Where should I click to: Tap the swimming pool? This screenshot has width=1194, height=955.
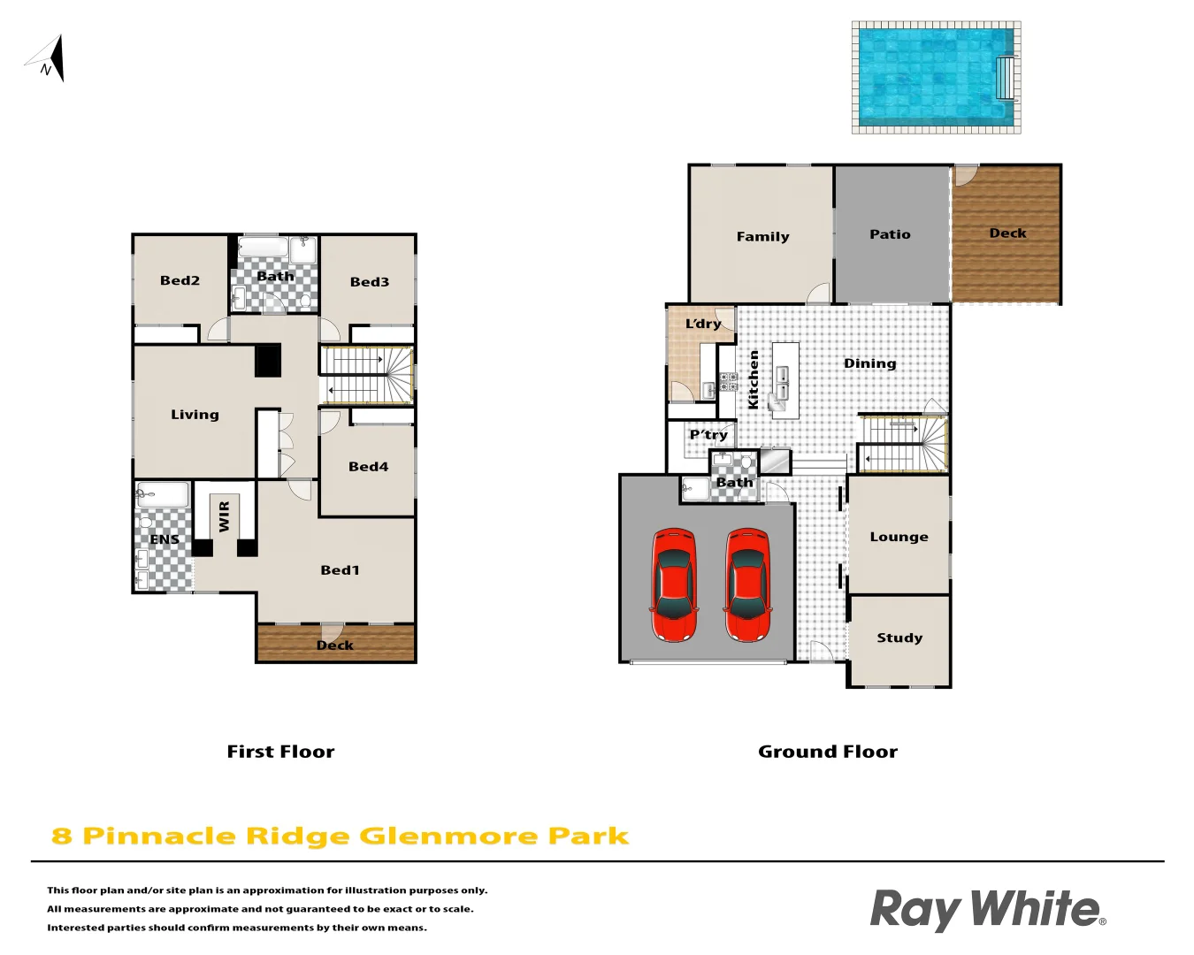(936, 78)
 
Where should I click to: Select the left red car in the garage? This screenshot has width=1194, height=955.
(673, 584)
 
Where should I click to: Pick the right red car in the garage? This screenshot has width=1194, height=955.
(747, 584)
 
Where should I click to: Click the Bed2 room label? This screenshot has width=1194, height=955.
(180, 280)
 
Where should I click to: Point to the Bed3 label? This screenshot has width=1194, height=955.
(370, 282)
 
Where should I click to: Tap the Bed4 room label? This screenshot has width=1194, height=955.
(368, 467)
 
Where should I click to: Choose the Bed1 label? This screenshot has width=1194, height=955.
(340, 570)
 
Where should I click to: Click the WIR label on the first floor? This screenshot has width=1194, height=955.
(224, 516)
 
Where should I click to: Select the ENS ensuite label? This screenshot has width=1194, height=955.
(165, 539)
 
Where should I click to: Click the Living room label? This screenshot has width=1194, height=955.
(195, 415)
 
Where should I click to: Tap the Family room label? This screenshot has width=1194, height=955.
(762, 237)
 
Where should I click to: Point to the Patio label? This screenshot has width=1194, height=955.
(890, 234)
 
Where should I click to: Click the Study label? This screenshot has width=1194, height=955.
(899, 638)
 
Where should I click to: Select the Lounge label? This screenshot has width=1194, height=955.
(899, 537)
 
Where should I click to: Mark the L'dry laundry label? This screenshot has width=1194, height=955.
(703, 324)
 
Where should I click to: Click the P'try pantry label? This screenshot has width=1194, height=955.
(708, 434)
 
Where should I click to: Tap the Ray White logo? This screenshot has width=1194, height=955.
(987, 910)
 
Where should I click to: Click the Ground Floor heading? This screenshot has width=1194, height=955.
(828, 752)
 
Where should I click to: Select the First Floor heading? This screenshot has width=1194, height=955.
(280, 752)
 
